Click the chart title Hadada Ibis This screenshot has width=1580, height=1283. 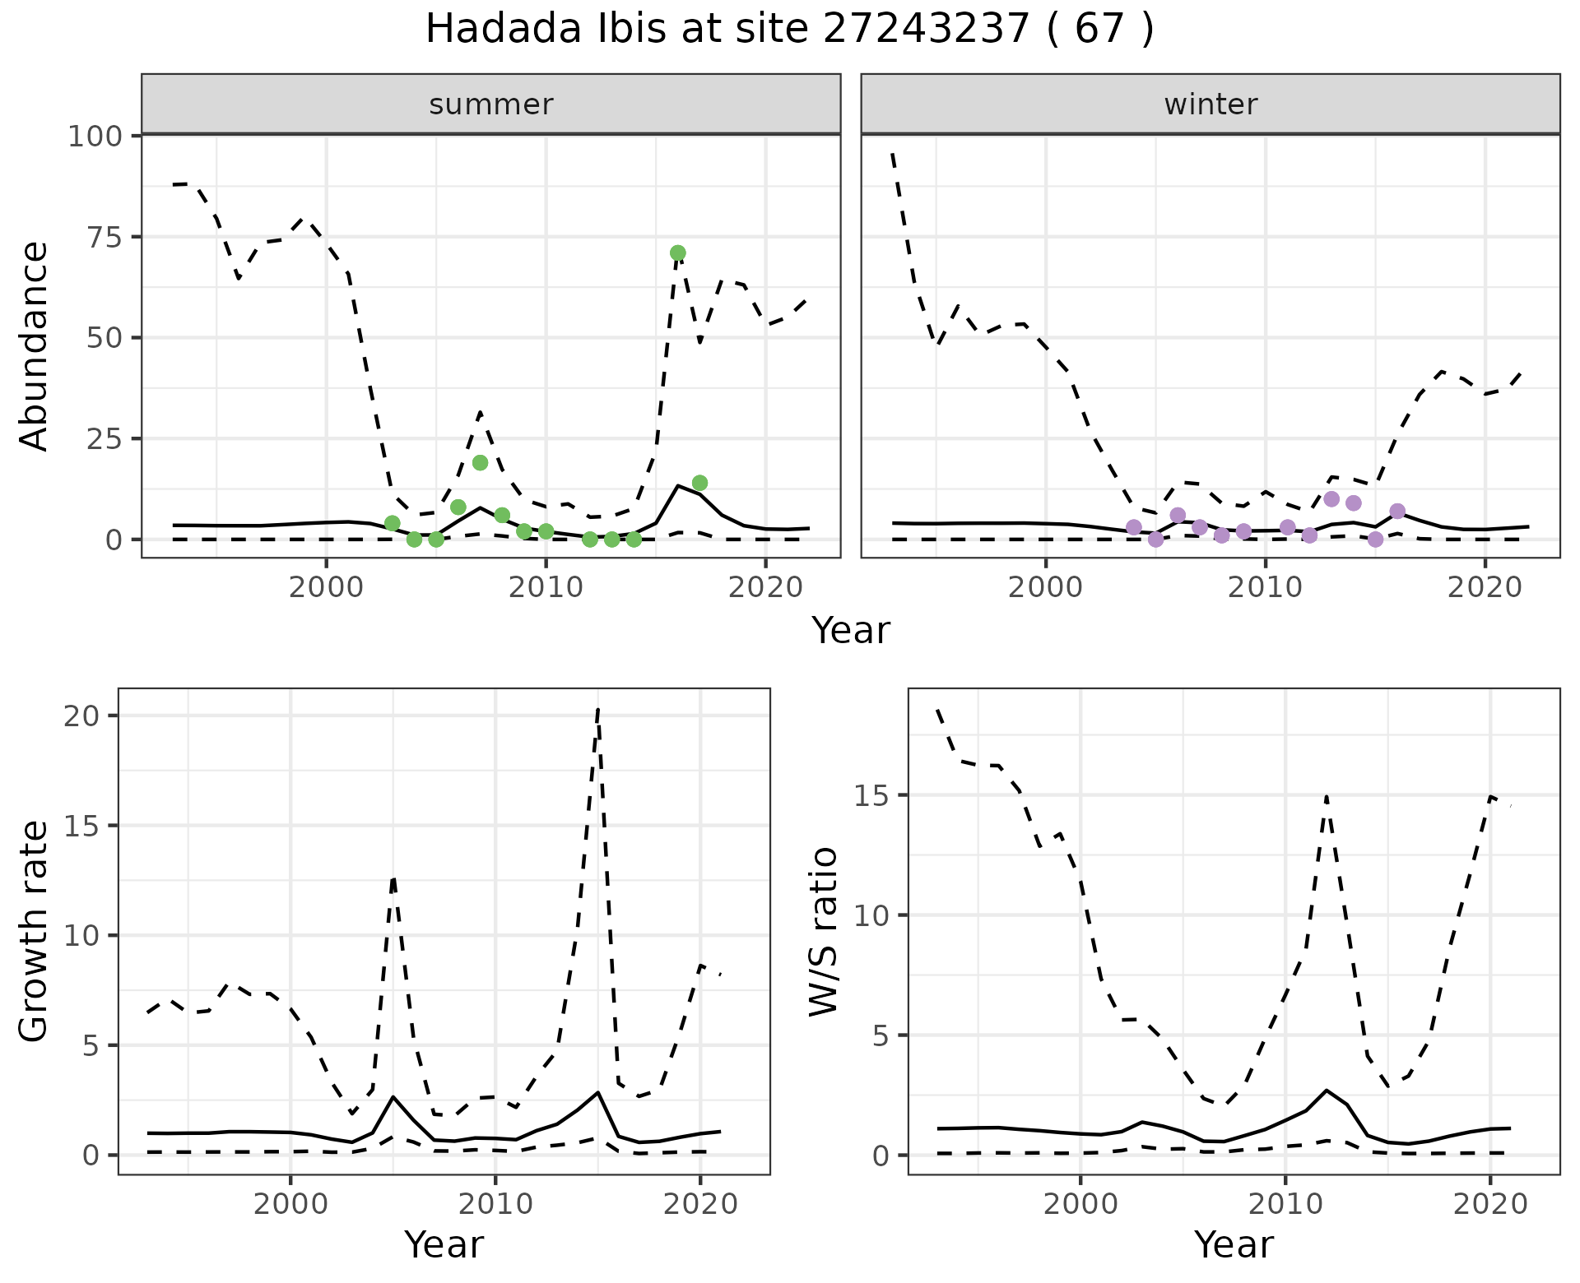tap(789, 30)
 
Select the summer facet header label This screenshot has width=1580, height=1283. tap(490, 104)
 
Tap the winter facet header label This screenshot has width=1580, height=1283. tap(1211, 104)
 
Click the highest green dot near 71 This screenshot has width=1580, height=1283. tap(677, 252)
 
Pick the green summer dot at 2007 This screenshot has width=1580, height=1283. tap(481, 463)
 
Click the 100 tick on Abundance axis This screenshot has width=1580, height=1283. tap(95, 136)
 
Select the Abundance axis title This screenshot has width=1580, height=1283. tap(35, 345)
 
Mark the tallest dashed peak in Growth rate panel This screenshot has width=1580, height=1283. tap(597, 709)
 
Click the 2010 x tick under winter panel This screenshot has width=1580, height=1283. tap(1266, 588)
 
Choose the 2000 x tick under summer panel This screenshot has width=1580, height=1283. tap(326, 588)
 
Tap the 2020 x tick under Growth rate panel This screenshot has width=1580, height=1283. tap(699, 1204)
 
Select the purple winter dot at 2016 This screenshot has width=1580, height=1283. tap(1397, 512)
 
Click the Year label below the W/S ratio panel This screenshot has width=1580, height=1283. tap(1234, 1244)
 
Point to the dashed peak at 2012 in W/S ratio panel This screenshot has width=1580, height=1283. tap(1327, 796)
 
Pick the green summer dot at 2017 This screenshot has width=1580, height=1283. tap(699, 483)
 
